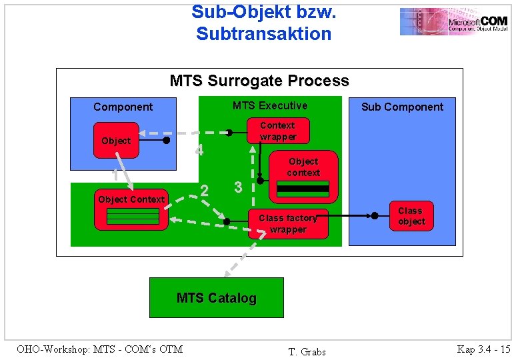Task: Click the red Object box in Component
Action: tap(116, 141)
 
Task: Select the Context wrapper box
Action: tap(277, 131)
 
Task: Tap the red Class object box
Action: tap(411, 216)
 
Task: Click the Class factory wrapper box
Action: tap(288, 223)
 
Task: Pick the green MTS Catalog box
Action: tap(216, 298)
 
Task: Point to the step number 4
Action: tap(199, 151)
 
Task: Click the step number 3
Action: tap(238, 188)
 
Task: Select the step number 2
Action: tap(205, 191)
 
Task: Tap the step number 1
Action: tap(115, 175)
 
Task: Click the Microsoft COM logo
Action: tap(453, 21)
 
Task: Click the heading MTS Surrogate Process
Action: tap(259, 81)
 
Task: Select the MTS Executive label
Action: tap(269, 105)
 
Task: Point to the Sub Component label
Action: tap(402, 107)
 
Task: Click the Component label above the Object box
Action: tap(123, 107)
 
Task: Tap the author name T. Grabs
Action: tap(307, 351)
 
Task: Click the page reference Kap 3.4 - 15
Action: tap(483, 349)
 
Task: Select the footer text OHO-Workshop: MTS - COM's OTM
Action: tap(99, 348)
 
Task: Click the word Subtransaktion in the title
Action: tap(263, 33)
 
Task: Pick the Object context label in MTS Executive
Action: tap(303, 167)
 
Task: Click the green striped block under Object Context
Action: tap(134, 216)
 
